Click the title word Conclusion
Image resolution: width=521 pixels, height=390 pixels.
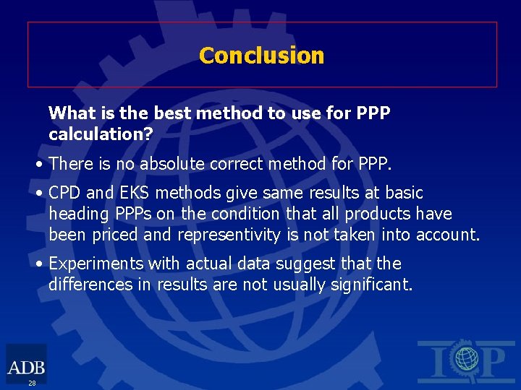coord(261,56)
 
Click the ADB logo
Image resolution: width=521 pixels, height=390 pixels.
coord(25,365)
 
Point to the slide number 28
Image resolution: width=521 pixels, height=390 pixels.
coord(32,383)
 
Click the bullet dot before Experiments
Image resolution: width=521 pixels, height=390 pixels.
coord(41,264)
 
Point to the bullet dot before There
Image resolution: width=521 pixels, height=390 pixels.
coord(41,164)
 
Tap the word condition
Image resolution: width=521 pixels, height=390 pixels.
coord(243,214)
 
